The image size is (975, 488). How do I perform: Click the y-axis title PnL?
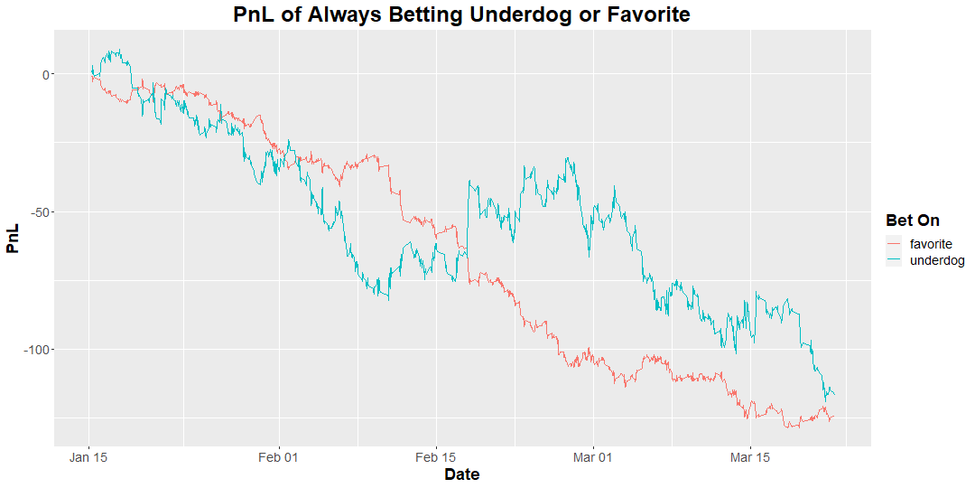[14, 238]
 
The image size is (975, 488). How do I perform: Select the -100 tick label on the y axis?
[38, 350]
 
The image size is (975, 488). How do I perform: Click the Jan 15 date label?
[88, 457]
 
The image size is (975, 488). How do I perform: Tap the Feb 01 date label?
[279, 457]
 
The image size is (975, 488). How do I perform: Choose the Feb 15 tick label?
[436, 457]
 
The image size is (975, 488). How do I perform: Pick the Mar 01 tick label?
[593, 457]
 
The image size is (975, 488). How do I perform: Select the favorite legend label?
[931, 244]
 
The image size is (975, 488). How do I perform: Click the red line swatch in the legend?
[894, 244]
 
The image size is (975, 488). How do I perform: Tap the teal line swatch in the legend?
[894, 260]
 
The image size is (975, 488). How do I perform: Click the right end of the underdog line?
[834, 395]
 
